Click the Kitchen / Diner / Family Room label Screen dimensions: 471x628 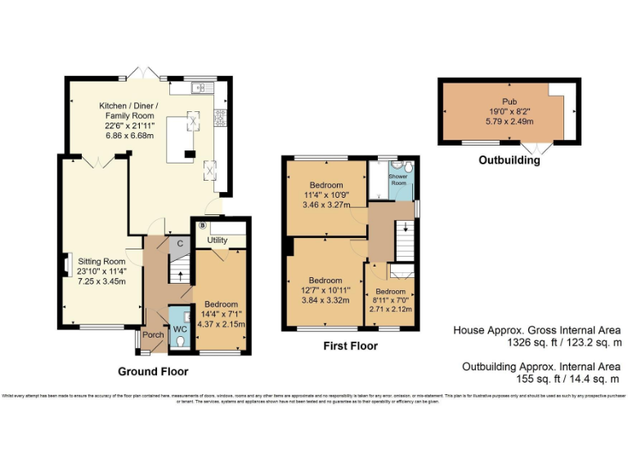pyautogui.click(x=129, y=115)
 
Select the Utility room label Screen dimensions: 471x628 pyautogui.click(x=217, y=240)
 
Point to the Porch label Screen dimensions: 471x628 pyautogui.click(x=153, y=334)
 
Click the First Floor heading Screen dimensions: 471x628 pyautogui.click(x=350, y=346)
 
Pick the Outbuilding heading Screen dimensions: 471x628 pyautogui.click(x=509, y=161)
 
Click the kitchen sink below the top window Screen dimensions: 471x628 pyautogui.click(x=199, y=87)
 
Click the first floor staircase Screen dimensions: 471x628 pyautogui.click(x=404, y=240)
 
